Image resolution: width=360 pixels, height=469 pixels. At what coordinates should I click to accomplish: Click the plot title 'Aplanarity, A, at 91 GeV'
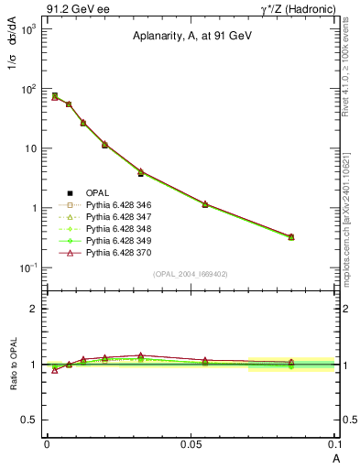[x=191, y=36]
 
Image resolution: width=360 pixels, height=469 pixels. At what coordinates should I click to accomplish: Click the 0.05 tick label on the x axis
[x=191, y=443]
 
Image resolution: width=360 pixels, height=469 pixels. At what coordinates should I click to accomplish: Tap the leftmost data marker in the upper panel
[x=55, y=96]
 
